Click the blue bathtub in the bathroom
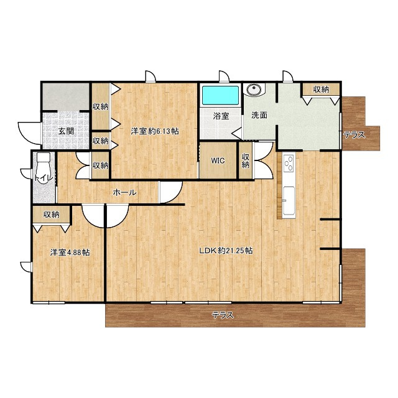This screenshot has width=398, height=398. click(220, 95)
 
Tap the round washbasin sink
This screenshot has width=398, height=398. click(253, 90)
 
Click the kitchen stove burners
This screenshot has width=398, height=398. click(289, 164)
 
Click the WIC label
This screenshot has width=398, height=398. click(218, 160)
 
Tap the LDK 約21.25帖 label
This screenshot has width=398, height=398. click(226, 251)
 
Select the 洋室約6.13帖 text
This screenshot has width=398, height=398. click(155, 131)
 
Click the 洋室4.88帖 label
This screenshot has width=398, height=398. click(70, 252)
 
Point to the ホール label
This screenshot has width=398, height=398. click(124, 193)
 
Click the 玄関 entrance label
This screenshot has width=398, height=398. click(66, 131)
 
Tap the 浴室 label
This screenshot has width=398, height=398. click(221, 116)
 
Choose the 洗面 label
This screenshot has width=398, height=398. click(259, 115)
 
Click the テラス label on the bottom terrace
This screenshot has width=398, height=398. click(223, 315)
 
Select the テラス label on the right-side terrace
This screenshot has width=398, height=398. click(354, 135)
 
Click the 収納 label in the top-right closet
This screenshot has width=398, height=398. click(321, 90)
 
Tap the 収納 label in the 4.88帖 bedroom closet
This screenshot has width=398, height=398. click(51, 215)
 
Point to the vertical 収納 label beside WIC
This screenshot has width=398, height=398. click(245, 160)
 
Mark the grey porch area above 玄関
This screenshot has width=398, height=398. click(66, 97)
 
